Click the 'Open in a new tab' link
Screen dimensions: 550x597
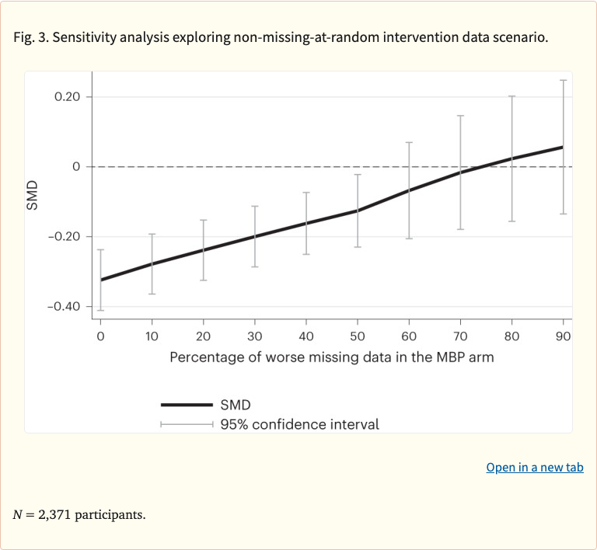tap(535, 467)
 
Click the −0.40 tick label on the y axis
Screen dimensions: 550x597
tap(64, 306)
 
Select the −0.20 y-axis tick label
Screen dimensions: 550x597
tap(64, 236)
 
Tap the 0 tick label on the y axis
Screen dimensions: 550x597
tap(77, 166)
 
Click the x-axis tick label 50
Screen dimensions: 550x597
tap(358, 336)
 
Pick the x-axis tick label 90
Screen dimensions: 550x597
tap(564, 336)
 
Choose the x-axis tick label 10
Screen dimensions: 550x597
tap(152, 336)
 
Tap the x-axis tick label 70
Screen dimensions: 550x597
tap(460, 336)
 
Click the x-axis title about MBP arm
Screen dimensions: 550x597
tap(332, 357)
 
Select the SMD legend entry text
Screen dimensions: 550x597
tap(236, 405)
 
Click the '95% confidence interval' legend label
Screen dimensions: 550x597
tap(300, 424)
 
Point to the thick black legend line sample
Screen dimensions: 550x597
tap(187, 405)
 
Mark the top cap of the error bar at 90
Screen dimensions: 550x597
tap(564, 80)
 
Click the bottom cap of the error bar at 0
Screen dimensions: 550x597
tap(100, 310)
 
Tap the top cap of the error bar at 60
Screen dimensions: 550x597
tap(409, 142)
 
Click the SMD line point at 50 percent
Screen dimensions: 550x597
tap(358, 211)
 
